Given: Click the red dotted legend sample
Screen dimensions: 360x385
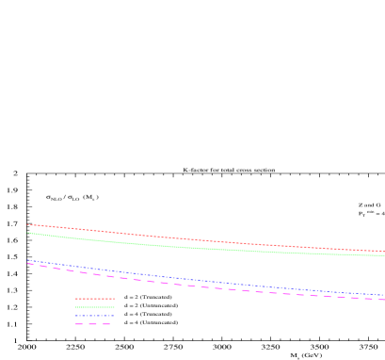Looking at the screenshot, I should click(95, 299).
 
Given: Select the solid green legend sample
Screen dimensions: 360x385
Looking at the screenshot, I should click(95, 307).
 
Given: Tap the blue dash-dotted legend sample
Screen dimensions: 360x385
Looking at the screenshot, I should click(95, 316).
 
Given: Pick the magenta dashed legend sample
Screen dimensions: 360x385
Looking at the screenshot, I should click(94, 324).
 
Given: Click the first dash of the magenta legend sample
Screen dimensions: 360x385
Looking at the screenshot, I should click(80, 324).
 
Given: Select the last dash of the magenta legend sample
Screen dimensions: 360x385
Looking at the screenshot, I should click(107, 324).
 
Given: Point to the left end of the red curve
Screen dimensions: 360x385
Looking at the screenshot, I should click(27, 224).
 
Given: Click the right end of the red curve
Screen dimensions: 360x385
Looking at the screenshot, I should click(384, 252).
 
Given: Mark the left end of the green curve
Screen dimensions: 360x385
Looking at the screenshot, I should click(27, 232).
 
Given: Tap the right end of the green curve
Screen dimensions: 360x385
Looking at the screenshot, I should click(384, 255).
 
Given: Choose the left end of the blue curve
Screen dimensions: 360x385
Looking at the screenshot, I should click(27, 260).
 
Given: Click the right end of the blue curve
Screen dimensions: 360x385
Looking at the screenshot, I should click(384, 295).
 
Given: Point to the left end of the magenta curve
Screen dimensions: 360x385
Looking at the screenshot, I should click(27, 263).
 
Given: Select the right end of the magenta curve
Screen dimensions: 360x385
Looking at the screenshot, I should click(384, 300).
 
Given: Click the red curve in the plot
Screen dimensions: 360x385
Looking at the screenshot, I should click(188, 239).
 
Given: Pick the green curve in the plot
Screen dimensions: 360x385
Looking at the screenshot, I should click(188, 247).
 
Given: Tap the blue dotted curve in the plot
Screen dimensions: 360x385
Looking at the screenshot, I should click(188, 279).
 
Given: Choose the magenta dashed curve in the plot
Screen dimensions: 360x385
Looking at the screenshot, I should click(188, 285).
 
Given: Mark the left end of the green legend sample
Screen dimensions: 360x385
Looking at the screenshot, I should click(76, 307).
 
